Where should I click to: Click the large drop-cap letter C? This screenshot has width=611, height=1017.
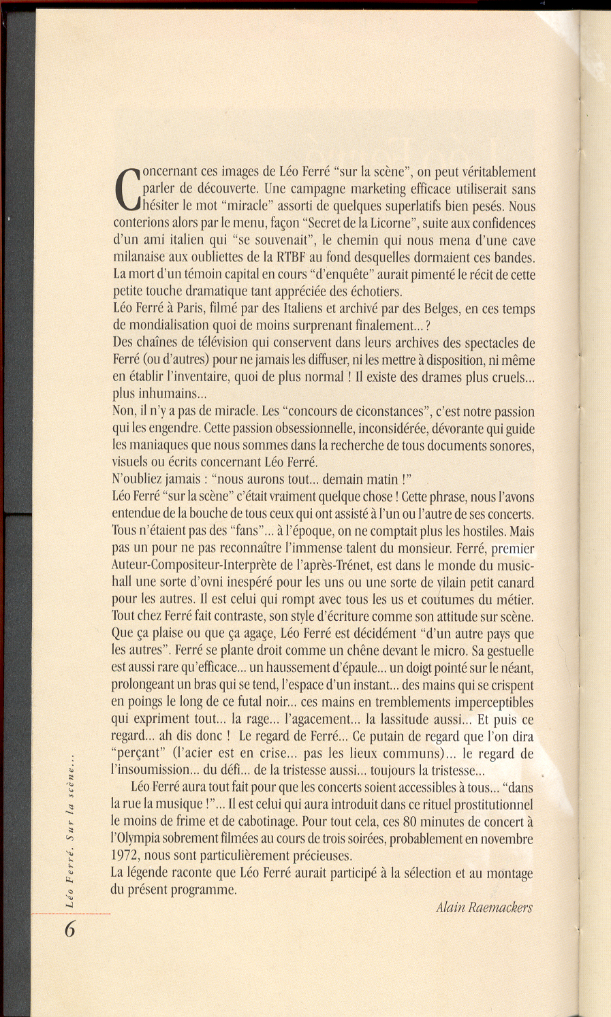[127, 189]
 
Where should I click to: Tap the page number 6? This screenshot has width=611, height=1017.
[69, 930]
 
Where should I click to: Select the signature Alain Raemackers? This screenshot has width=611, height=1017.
[484, 907]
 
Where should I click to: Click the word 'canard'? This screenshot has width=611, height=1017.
[511, 583]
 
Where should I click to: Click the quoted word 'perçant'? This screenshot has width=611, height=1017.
[139, 754]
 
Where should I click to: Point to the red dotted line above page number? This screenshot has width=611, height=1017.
[72, 914]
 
